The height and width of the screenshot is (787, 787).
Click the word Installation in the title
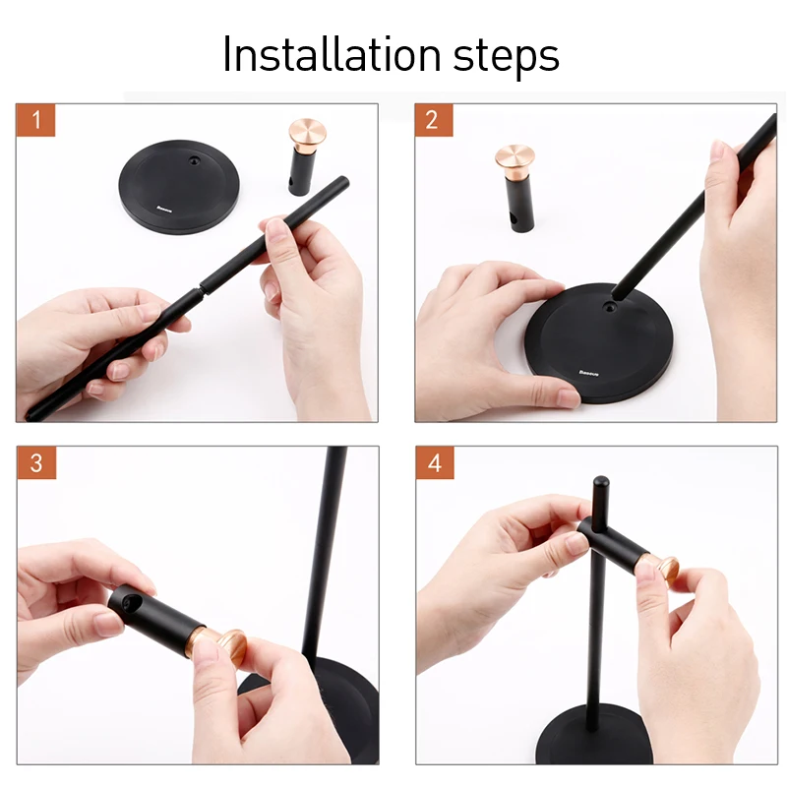[332, 54]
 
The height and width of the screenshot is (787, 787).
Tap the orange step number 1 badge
[35, 120]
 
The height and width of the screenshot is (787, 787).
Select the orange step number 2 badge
[434, 120]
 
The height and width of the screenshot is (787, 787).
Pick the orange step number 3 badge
[36, 462]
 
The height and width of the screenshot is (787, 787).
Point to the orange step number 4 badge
[435, 462]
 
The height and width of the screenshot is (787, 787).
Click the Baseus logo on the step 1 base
[164, 209]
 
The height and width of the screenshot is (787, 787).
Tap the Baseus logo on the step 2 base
[588, 373]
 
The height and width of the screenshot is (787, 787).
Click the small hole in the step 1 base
[194, 161]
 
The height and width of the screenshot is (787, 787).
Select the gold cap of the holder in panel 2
[515, 159]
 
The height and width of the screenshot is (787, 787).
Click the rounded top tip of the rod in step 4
[600, 483]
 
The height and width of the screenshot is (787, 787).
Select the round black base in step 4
[592, 735]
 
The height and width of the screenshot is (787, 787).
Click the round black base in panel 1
[179, 186]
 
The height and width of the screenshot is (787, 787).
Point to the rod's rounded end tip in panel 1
[342, 181]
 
